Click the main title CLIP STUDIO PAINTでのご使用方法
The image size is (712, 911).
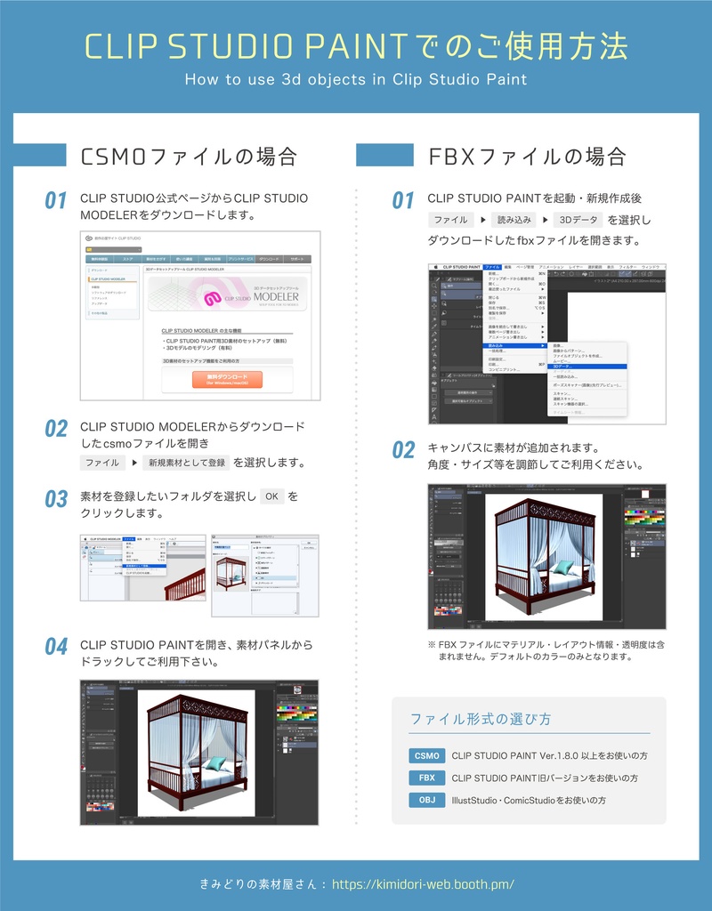[356, 45]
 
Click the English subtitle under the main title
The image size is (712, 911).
[356, 79]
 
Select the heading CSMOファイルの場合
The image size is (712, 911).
[188, 157]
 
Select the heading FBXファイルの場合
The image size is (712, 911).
[527, 157]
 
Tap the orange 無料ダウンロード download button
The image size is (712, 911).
[227, 380]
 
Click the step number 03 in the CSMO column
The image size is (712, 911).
[56, 499]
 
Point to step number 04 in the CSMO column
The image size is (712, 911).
[56, 647]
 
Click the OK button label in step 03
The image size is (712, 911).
[271, 496]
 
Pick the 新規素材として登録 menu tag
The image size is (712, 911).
[187, 463]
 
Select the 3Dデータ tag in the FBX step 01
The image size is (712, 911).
[577, 220]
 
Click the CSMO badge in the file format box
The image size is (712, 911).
[427, 756]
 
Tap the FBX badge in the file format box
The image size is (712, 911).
[427, 778]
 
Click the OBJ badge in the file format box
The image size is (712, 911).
[427, 801]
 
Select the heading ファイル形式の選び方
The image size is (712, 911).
[480, 719]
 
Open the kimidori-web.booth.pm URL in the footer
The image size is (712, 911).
[423, 885]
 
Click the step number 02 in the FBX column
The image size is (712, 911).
[403, 450]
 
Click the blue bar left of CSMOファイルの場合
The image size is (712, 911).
[40, 156]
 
